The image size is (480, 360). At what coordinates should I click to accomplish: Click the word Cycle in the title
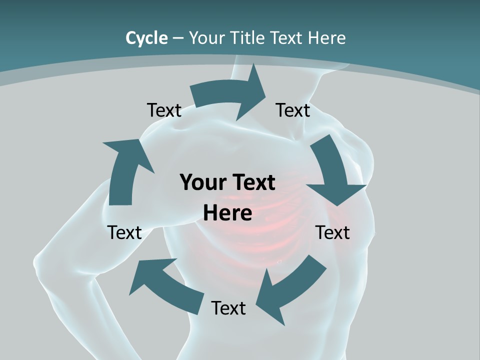click(x=146, y=38)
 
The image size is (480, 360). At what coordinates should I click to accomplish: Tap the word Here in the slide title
click(x=327, y=38)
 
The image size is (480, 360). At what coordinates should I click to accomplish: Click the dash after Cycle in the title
click(x=178, y=38)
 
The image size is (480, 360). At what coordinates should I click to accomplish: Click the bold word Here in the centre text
click(x=227, y=213)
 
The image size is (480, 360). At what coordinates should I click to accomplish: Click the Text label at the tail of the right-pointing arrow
click(x=164, y=110)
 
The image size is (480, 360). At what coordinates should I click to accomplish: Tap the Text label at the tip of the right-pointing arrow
click(x=293, y=110)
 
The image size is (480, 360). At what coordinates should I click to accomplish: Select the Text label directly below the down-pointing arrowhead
click(x=332, y=232)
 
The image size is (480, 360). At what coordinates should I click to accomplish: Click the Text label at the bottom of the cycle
click(x=228, y=308)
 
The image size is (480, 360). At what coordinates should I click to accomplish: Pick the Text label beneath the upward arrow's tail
click(x=124, y=232)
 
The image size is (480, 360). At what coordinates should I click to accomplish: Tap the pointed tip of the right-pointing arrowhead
click(x=266, y=94)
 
